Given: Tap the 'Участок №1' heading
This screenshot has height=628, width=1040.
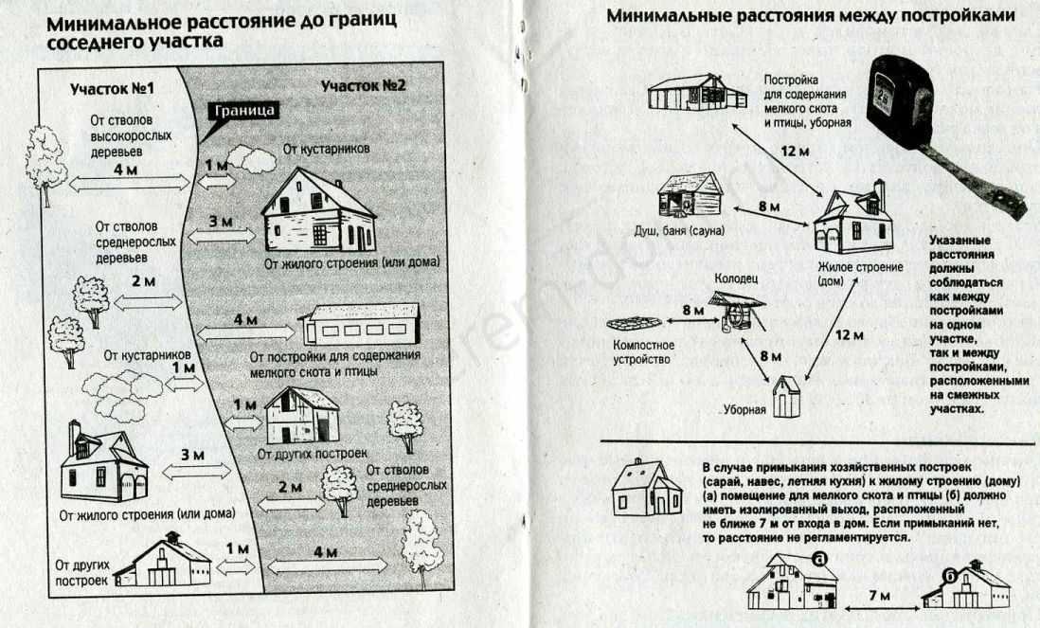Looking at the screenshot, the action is coord(112,89).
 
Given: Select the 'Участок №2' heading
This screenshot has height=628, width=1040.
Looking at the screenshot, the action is coord(363,85).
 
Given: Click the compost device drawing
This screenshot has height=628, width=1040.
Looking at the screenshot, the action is coord(634,324).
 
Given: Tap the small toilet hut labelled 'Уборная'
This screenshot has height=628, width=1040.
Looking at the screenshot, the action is coord(786,396).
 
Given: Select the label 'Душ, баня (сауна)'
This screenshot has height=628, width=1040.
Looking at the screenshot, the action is coord(679,231).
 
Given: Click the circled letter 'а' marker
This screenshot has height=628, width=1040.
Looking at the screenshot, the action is coord(820,559).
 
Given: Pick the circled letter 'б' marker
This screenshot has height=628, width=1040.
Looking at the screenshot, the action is coord(951,575).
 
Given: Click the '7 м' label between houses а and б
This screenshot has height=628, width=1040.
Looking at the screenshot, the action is coord(880,596).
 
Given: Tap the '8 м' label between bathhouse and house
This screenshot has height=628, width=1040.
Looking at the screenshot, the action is coord(769,206).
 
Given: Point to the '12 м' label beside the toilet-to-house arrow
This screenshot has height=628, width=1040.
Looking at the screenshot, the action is coord(849,335).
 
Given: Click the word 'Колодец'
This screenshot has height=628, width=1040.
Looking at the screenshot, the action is coord(736,278).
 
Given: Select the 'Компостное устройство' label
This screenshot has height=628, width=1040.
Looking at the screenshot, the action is coord(643,352).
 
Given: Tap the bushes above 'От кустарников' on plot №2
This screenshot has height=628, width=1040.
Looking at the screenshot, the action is coord(251,159).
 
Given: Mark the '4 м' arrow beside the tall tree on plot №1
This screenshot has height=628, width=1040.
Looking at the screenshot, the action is coord(130,184).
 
